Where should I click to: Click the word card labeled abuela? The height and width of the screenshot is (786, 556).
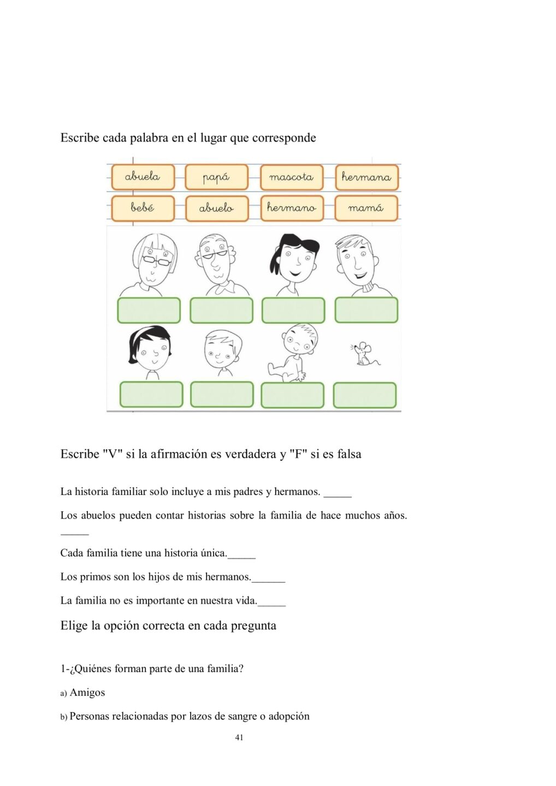[143, 177]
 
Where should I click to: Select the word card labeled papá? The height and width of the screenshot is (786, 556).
[216, 177]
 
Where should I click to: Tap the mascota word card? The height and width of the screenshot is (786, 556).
[292, 177]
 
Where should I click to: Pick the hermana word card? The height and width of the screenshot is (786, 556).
[366, 177]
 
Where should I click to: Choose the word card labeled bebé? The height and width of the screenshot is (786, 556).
[143, 208]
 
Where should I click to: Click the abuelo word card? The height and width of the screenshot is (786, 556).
[217, 209]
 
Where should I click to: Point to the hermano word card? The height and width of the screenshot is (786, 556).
[292, 208]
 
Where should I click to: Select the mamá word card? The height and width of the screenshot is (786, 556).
[366, 208]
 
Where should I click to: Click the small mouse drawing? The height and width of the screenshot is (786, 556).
[363, 354]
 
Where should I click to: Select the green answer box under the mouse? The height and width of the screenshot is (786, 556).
[364, 395]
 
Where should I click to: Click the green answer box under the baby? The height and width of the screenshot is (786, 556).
[292, 395]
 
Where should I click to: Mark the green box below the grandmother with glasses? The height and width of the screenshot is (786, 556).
[149, 310]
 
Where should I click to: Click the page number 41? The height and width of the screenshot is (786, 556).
[239, 737]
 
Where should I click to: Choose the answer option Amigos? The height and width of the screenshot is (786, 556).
[87, 693]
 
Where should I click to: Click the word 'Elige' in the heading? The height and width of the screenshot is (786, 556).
[74, 626]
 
